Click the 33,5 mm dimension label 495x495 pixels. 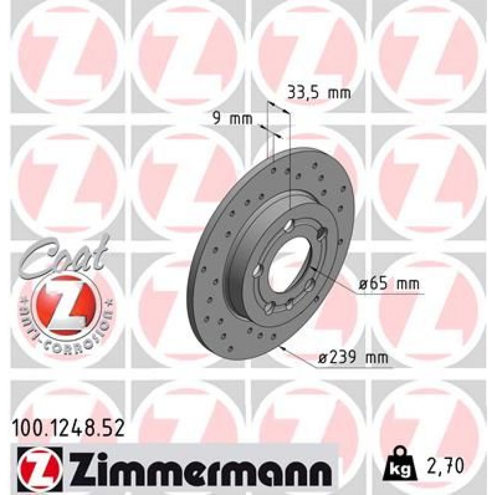319,93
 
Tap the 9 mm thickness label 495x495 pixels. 232,119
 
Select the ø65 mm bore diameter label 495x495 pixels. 388,284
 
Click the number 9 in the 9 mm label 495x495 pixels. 216,119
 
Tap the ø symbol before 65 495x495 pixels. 362,285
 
